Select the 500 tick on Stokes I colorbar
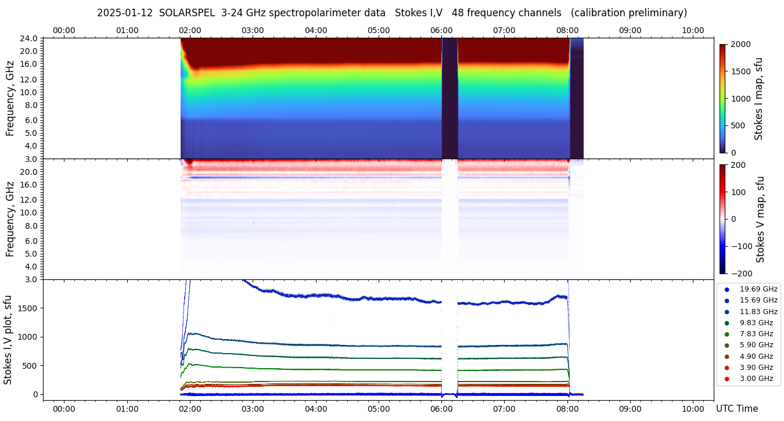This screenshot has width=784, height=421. click(738, 125)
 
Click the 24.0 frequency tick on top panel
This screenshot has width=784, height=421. click(28, 38)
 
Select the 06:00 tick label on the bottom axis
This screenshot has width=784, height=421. click(441, 408)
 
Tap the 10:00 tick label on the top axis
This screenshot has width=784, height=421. click(693, 30)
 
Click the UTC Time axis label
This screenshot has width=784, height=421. click(736, 409)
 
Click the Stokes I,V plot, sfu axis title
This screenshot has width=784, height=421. click(8, 340)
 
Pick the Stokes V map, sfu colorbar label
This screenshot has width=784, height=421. click(760, 219)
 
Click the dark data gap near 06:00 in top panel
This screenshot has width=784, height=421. click(449, 99)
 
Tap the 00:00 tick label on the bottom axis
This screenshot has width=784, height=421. click(64, 408)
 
